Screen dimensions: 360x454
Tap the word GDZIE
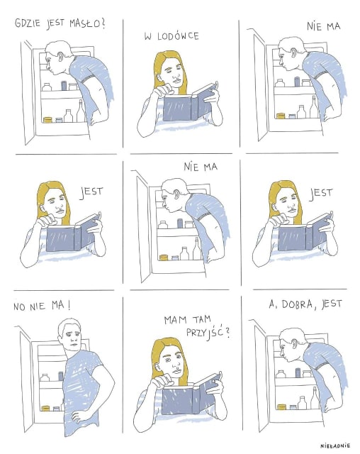point(28,23)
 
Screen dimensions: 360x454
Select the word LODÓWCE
point(178,36)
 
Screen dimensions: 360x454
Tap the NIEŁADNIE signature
point(335,445)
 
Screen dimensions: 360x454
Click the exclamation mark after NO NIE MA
point(69,306)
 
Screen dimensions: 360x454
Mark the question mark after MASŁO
point(103,23)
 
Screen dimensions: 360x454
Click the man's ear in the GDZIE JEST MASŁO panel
point(60,57)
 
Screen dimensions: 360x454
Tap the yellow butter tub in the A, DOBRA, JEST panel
point(281,407)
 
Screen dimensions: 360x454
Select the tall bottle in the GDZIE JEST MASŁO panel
point(81,111)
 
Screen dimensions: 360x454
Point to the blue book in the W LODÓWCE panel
point(187,105)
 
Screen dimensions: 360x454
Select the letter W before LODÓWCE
point(148,37)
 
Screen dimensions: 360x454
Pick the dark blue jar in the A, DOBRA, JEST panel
point(298,373)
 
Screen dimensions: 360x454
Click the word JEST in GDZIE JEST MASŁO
point(55,23)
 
